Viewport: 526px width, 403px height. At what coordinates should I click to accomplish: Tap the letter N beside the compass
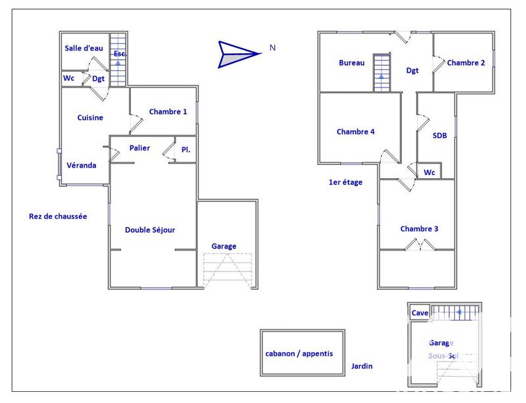point(272,48)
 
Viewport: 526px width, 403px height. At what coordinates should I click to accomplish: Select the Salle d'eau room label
point(84,48)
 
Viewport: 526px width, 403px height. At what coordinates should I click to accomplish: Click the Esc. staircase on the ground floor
point(118,60)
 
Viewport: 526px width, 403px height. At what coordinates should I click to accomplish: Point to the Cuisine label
point(90,118)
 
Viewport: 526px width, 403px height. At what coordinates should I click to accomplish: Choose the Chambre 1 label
point(168,112)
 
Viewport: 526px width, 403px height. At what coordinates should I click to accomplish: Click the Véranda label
point(82,165)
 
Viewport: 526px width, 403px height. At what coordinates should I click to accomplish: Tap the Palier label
point(139,149)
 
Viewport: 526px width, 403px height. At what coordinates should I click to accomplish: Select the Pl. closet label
point(186,150)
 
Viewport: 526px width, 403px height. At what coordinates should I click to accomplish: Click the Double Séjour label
point(150,229)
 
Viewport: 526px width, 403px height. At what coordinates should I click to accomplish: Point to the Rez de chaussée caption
point(58,216)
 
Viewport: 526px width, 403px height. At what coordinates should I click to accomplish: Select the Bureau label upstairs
point(351,63)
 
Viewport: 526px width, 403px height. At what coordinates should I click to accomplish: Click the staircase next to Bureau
point(382,72)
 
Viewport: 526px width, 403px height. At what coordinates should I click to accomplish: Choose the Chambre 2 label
point(466,63)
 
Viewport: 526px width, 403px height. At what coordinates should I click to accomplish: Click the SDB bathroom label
point(440,135)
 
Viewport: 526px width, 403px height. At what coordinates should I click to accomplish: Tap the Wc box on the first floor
point(430,172)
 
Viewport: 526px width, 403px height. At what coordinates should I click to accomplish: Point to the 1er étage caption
point(345,182)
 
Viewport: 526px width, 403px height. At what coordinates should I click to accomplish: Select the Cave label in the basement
point(420,314)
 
